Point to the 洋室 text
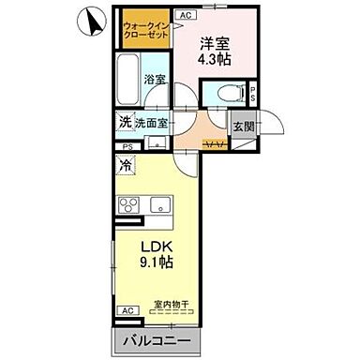tap(216, 42)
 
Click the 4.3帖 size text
tap(216, 59)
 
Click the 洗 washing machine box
tap(124, 122)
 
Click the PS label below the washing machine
tap(127, 147)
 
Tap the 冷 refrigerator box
tap(125, 165)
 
